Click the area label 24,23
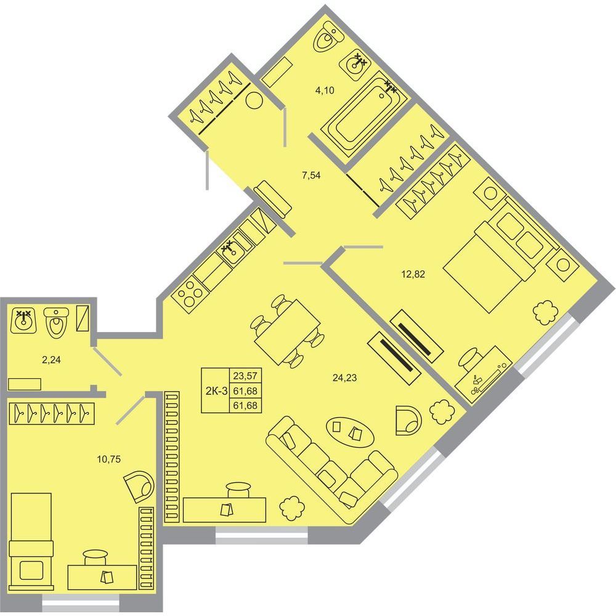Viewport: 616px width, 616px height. (x=344, y=378)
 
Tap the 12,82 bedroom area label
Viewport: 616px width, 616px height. (x=413, y=274)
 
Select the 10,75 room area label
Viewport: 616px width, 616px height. (x=109, y=458)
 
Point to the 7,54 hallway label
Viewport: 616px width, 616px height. (x=311, y=176)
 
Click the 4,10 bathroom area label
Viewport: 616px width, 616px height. (x=325, y=91)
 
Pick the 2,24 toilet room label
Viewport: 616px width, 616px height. (x=51, y=360)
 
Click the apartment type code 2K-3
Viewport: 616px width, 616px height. (x=216, y=391)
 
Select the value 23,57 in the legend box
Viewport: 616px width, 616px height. (x=245, y=376)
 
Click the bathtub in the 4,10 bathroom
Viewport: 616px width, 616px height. (x=365, y=116)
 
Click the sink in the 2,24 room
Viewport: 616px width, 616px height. (x=24, y=320)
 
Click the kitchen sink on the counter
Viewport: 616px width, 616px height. (x=233, y=252)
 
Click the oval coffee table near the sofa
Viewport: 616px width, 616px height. (x=349, y=432)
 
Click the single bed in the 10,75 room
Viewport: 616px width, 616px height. (x=31, y=541)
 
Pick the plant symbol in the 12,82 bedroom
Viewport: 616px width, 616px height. (x=546, y=312)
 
